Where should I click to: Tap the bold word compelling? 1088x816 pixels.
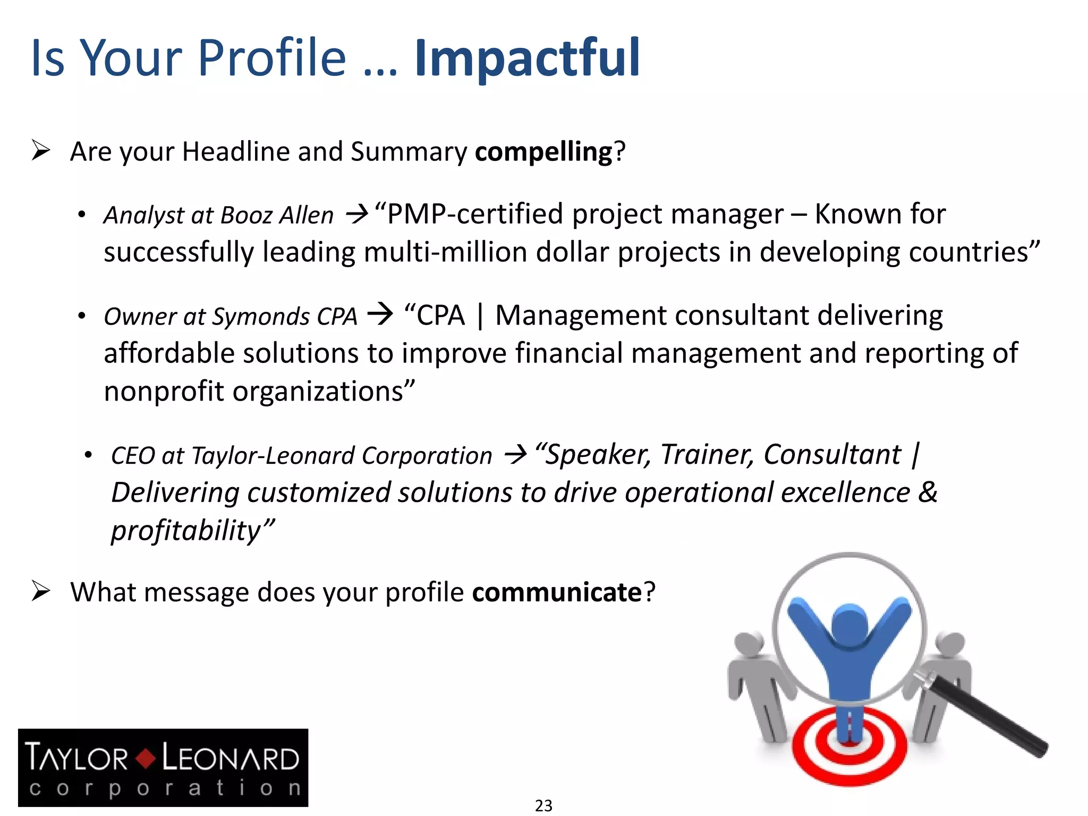(x=543, y=152)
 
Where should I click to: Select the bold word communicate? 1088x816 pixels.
(x=557, y=592)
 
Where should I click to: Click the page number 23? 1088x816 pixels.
(x=543, y=805)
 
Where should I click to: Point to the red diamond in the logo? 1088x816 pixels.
(x=145, y=758)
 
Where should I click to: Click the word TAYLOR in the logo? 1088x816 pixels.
(x=77, y=758)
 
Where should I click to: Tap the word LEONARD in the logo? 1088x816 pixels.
(x=230, y=758)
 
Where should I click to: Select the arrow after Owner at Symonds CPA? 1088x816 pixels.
(x=380, y=314)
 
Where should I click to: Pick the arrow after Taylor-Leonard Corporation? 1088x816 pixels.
(x=515, y=455)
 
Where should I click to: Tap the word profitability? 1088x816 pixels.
(x=186, y=530)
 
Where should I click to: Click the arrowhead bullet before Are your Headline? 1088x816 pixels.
(x=41, y=150)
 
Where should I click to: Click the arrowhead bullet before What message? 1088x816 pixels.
(x=41, y=591)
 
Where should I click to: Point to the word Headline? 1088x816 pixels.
(x=236, y=151)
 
